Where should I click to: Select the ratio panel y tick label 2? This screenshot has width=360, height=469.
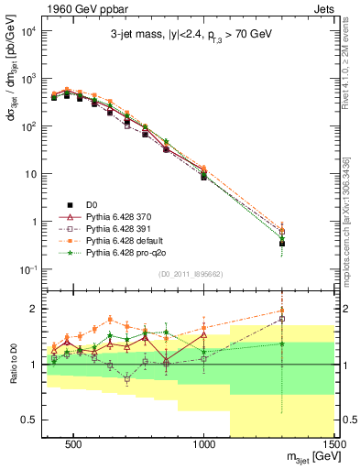32,309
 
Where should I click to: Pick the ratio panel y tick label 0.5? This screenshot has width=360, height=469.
29,420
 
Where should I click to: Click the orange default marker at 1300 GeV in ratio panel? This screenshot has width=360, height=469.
283,309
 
